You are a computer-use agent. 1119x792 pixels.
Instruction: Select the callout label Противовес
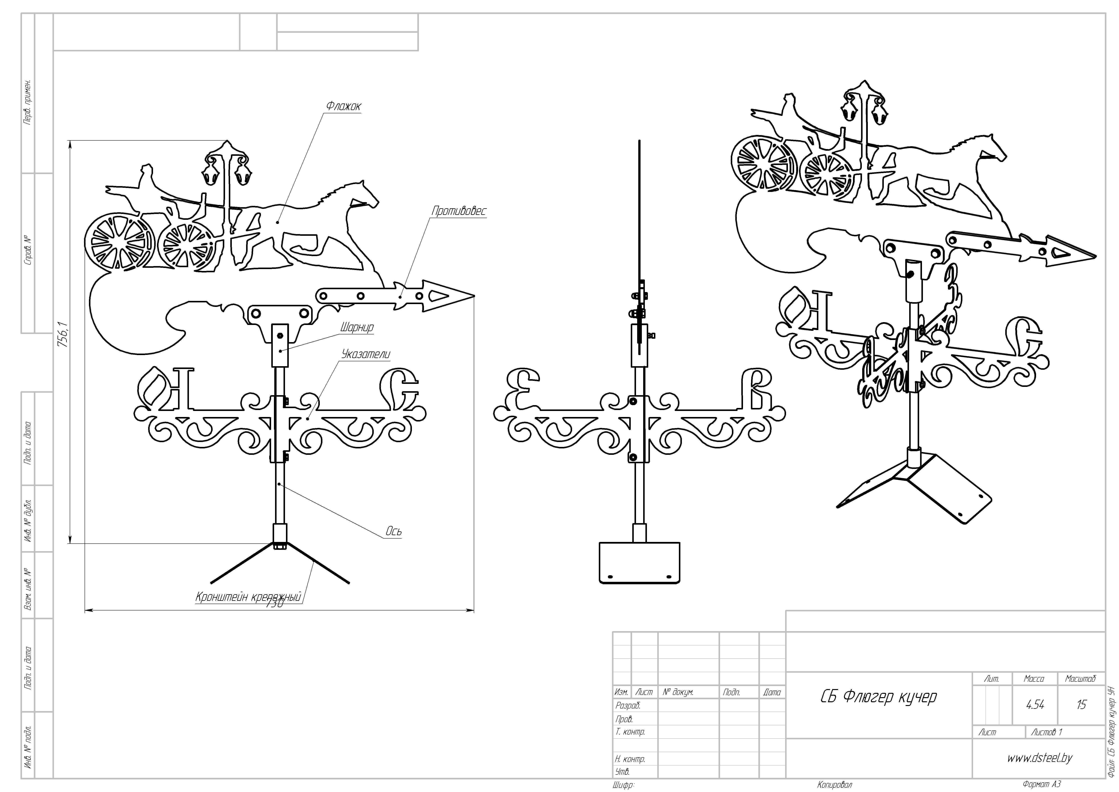(x=459, y=211)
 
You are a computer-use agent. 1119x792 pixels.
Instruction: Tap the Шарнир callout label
(x=357, y=327)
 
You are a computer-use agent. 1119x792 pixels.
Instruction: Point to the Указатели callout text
(x=365, y=355)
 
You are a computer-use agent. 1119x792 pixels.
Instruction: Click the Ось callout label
(x=393, y=532)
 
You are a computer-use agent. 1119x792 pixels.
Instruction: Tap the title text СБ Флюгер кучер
(x=878, y=697)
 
